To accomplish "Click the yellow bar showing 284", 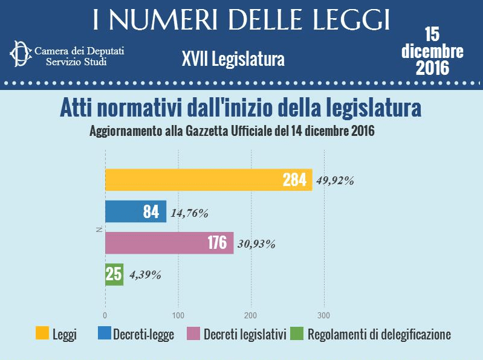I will pos(209,180).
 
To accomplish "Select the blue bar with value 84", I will pos(135,211).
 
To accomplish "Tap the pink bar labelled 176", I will pos(169,243).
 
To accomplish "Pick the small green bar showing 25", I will pos(114,274).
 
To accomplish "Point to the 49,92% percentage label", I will pos(335,181).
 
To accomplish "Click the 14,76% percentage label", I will pos(190,213).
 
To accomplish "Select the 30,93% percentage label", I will pos(256,244).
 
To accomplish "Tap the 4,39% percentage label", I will pos(144,275).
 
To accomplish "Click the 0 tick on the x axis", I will pos(105,315).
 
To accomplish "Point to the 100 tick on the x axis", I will pos(178,315).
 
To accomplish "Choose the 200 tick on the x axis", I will pos(251,315).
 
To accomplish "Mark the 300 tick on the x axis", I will pos(325,315).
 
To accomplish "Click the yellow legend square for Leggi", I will pos(42,333).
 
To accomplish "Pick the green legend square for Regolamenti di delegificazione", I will pos(296,333).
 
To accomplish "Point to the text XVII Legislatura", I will pos(232,59).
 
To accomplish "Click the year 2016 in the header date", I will pos(432,67).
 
